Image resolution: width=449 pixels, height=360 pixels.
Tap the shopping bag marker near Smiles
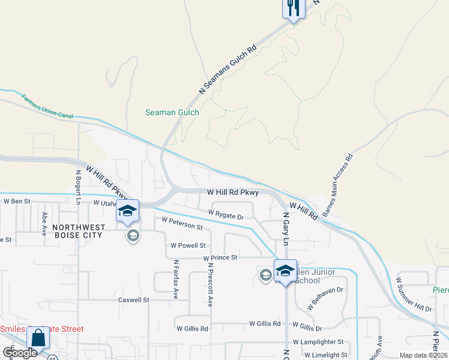click(x=38, y=338)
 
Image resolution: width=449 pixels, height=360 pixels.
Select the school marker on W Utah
click(x=127, y=211)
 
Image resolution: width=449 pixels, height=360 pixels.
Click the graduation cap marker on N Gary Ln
click(x=285, y=271)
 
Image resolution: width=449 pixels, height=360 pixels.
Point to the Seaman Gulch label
click(x=172, y=112)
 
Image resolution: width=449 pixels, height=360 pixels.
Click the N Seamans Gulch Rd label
click(x=228, y=70)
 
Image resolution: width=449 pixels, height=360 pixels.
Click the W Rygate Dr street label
click(x=226, y=214)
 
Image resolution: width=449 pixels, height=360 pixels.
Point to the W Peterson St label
click(x=182, y=224)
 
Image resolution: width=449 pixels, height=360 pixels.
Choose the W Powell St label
click(x=188, y=245)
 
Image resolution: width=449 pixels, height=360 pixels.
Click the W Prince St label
click(x=220, y=257)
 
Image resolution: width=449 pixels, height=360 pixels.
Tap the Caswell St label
click(x=133, y=299)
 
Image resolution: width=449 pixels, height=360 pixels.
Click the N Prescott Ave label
click(x=211, y=283)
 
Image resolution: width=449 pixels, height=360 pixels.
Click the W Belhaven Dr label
click(x=324, y=297)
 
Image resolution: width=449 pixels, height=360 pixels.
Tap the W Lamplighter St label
click(x=317, y=341)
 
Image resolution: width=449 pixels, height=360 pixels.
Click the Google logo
click(x=20, y=353)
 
